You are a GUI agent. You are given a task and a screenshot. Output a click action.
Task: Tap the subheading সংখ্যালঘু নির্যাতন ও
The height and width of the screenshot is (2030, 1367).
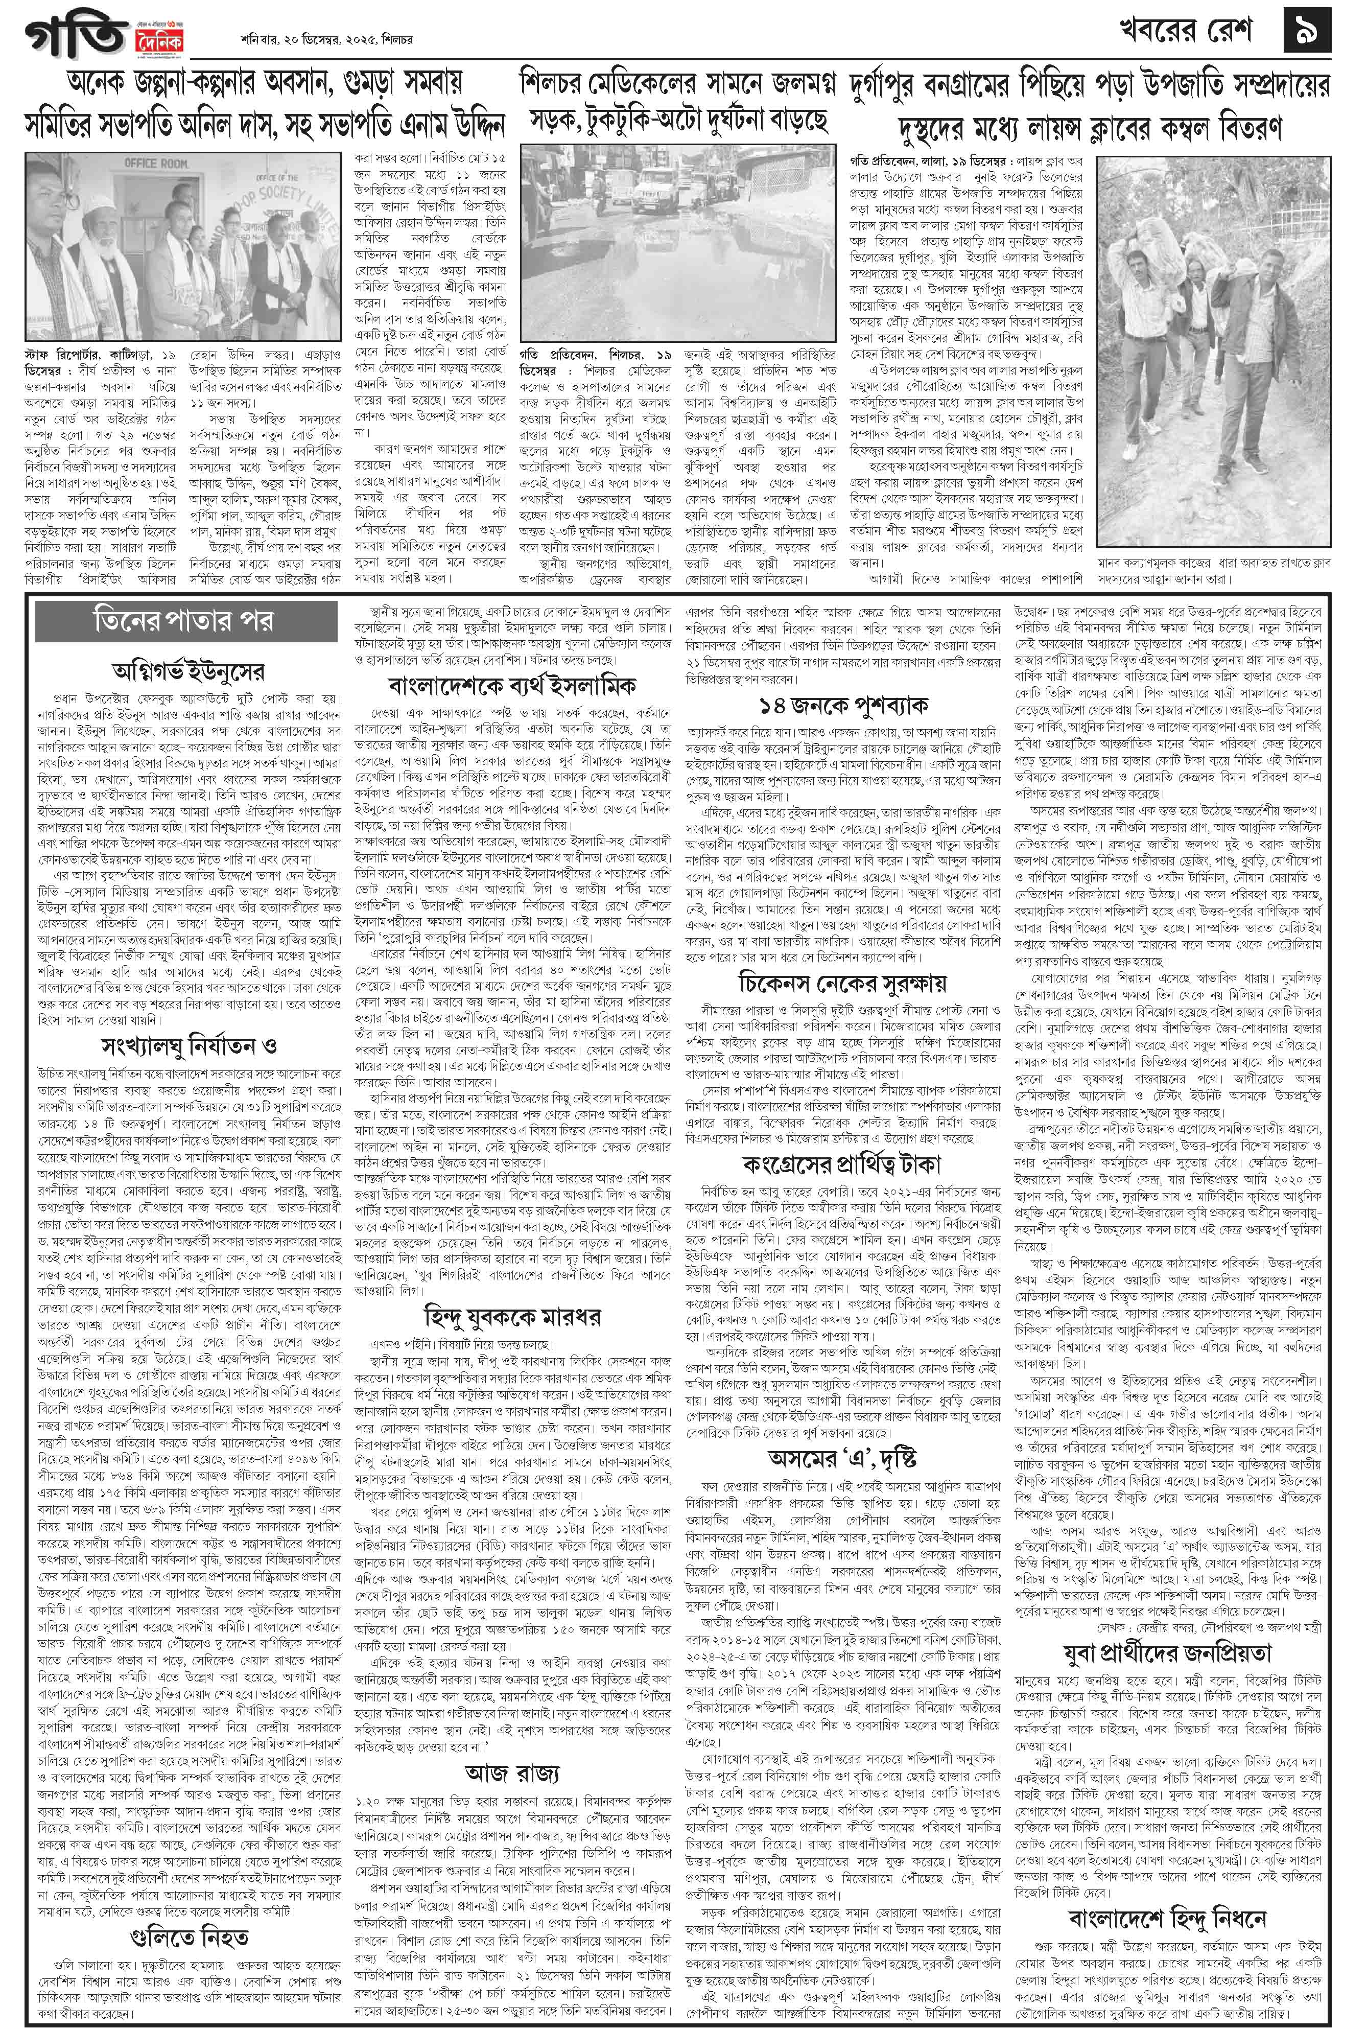(x=187, y=1044)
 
